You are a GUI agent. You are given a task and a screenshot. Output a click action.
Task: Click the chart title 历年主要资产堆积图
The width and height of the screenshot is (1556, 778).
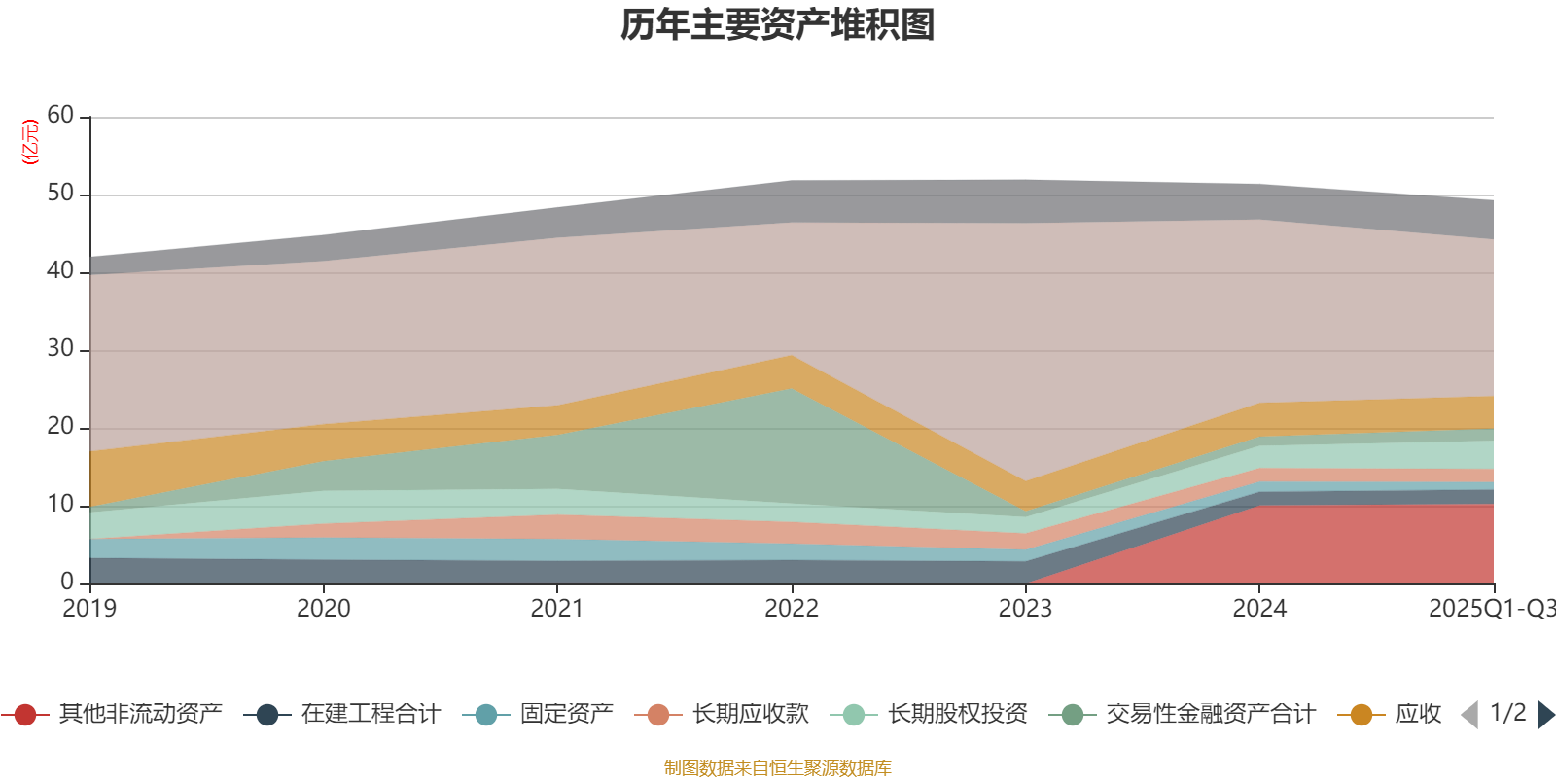click(778, 25)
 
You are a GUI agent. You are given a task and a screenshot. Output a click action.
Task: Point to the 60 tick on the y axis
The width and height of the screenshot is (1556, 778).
click(60, 116)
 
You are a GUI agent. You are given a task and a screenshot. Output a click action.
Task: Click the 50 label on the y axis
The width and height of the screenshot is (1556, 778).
click(60, 194)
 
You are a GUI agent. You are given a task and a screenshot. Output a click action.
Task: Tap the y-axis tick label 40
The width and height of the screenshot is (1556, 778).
click(60, 271)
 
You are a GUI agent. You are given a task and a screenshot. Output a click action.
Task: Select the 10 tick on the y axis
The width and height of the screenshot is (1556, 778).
click(60, 505)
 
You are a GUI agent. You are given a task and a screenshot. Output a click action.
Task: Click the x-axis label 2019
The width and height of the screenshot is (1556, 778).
click(89, 609)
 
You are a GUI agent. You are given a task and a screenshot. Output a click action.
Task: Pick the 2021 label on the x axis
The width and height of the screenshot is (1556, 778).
click(557, 609)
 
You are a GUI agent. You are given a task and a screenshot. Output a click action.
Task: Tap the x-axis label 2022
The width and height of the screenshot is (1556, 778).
click(792, 609)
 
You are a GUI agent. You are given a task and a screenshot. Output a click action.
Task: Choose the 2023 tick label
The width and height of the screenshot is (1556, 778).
click(1025, 609)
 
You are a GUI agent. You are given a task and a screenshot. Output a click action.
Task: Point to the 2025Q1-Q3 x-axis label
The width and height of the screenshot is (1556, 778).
click(1490, 609)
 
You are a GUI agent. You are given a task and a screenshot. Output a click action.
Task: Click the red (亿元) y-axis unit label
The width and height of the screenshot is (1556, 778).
click(30, 142)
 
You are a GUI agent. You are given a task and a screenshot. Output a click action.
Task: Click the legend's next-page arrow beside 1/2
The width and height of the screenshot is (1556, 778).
click(1545, 715)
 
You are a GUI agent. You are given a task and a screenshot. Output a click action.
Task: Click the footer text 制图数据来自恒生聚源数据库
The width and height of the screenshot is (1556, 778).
click(778, 768)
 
